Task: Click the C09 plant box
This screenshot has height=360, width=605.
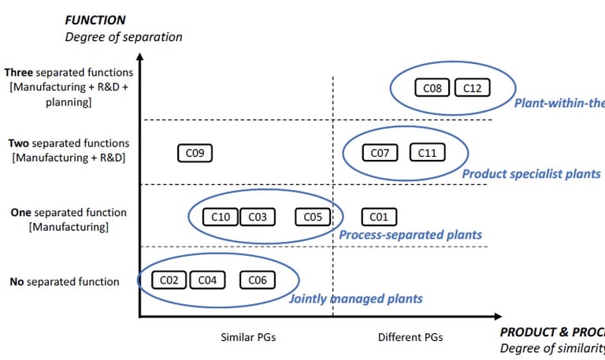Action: (x=195, y=154)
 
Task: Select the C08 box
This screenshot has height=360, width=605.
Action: (x=432, y=88)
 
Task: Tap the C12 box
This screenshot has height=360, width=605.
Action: (x=472, y=88)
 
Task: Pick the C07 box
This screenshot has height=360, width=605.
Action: (x=380, y=153)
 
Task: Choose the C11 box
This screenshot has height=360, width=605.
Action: (x=427, y=153)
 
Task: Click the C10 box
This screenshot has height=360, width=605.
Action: (x=221, y=217)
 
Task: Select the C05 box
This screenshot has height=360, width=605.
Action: (x=313, y=217)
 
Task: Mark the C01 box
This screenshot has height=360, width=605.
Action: (x=379, y=217)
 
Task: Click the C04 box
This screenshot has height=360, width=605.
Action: (x=207, y=280)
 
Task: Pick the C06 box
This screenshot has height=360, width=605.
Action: (x=258, y=280)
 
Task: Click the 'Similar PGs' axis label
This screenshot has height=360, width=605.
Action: (x=248, y=337)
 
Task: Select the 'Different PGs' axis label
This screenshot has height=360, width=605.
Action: (x=410, y=337)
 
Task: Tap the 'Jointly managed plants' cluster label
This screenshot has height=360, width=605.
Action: (x=356, y=299)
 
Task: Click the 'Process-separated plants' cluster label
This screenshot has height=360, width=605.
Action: (x=410, y=235)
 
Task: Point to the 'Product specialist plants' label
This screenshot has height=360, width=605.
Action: (x=531, y=174)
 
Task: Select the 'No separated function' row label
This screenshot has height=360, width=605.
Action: (x=65, y=281)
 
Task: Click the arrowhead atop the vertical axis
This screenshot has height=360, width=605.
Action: (x=139, y=57)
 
